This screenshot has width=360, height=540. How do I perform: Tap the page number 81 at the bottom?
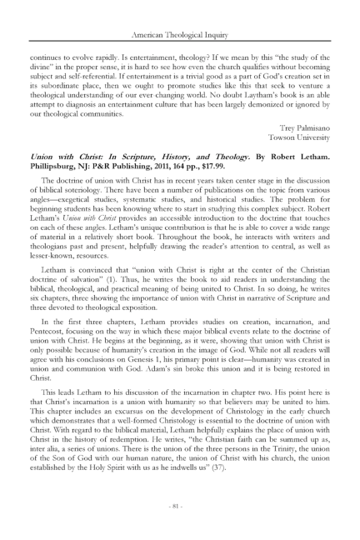tap(180, 503)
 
